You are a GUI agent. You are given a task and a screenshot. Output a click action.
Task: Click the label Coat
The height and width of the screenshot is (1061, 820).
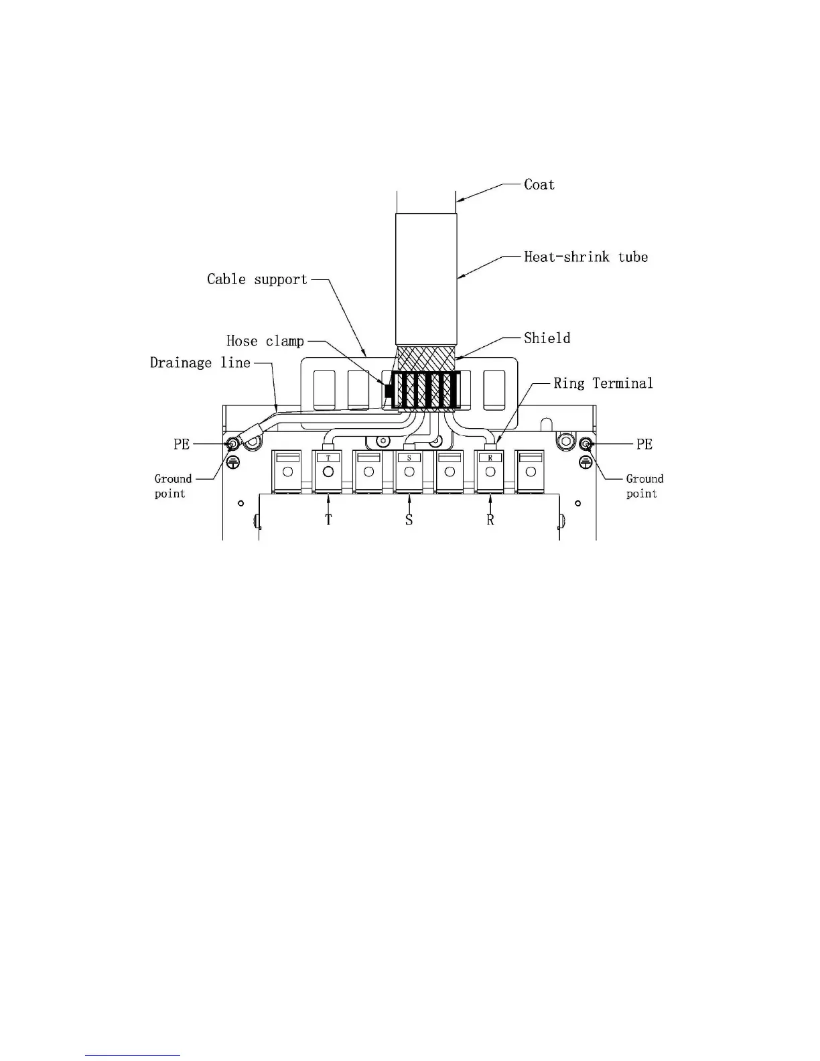coord(539,184)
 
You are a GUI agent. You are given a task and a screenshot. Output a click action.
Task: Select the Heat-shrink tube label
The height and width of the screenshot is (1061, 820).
coord(586,257)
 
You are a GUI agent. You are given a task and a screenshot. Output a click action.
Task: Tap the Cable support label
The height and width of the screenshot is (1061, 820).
coord(257,279)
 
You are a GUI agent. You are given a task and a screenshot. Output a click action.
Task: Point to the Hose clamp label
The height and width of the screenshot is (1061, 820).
coord(265,341)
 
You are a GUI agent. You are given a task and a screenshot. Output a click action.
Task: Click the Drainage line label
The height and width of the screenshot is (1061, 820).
coord(200,363)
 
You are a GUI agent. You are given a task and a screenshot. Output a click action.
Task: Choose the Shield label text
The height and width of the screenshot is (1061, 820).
coord(547,338)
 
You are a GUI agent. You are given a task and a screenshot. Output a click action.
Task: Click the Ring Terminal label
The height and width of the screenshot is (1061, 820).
coord(602,383)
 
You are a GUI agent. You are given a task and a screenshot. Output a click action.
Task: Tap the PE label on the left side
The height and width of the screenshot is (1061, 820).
coord(182,444)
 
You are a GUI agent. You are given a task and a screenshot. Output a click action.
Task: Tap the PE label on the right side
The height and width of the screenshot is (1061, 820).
coord(644,444)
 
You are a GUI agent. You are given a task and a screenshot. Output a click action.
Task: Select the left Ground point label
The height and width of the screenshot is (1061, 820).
coord(172,486)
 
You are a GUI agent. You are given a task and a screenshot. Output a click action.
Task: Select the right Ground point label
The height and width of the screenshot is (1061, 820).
coord(644,486)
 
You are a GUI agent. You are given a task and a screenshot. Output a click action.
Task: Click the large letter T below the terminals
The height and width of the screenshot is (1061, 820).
coord(328,520)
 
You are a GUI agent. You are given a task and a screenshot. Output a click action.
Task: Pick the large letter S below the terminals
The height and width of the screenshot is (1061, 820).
coord(409,520)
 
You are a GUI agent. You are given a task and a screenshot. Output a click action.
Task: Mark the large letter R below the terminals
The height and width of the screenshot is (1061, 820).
coord(490,520)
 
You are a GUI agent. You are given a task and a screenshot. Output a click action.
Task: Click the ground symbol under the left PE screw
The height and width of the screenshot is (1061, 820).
coord(233,462)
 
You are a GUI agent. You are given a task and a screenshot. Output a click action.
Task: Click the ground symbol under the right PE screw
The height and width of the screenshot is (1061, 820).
coord(586,462)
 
